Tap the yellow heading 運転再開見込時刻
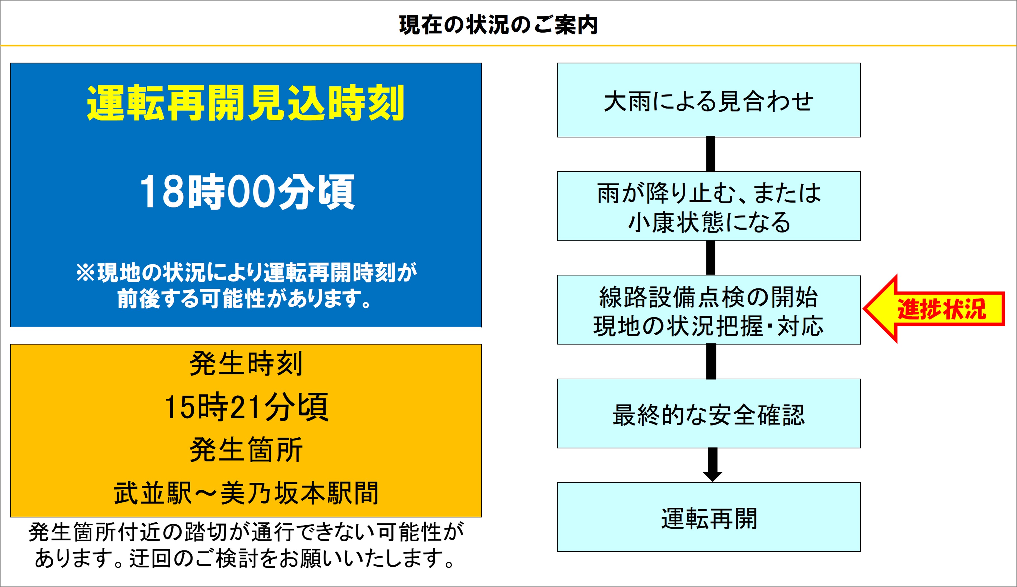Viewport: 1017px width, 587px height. click(x=245, y=103)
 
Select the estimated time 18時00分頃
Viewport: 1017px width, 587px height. click(x=247, y=192)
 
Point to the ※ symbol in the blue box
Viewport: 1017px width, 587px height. click(x=85, y=273)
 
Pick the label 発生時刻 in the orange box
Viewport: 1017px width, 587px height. click(x=246, y=364)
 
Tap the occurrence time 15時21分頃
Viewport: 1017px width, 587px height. click(x=246, y=407)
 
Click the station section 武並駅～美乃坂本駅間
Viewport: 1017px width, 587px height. click(x=246, y=493)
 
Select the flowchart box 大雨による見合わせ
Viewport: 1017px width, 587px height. click(x=708, y=100)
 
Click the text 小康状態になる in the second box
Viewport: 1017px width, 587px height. click(x=708, y=222)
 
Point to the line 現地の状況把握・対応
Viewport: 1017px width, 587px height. click(x=708, y=326)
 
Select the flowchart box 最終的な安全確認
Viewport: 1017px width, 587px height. click(x=708, y=415)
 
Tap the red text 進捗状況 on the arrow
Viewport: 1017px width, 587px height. click(x=941, y=309)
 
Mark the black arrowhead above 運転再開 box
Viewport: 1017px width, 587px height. click(x=712, y=476)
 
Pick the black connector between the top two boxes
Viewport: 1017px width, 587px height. click(x=711, y=154)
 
